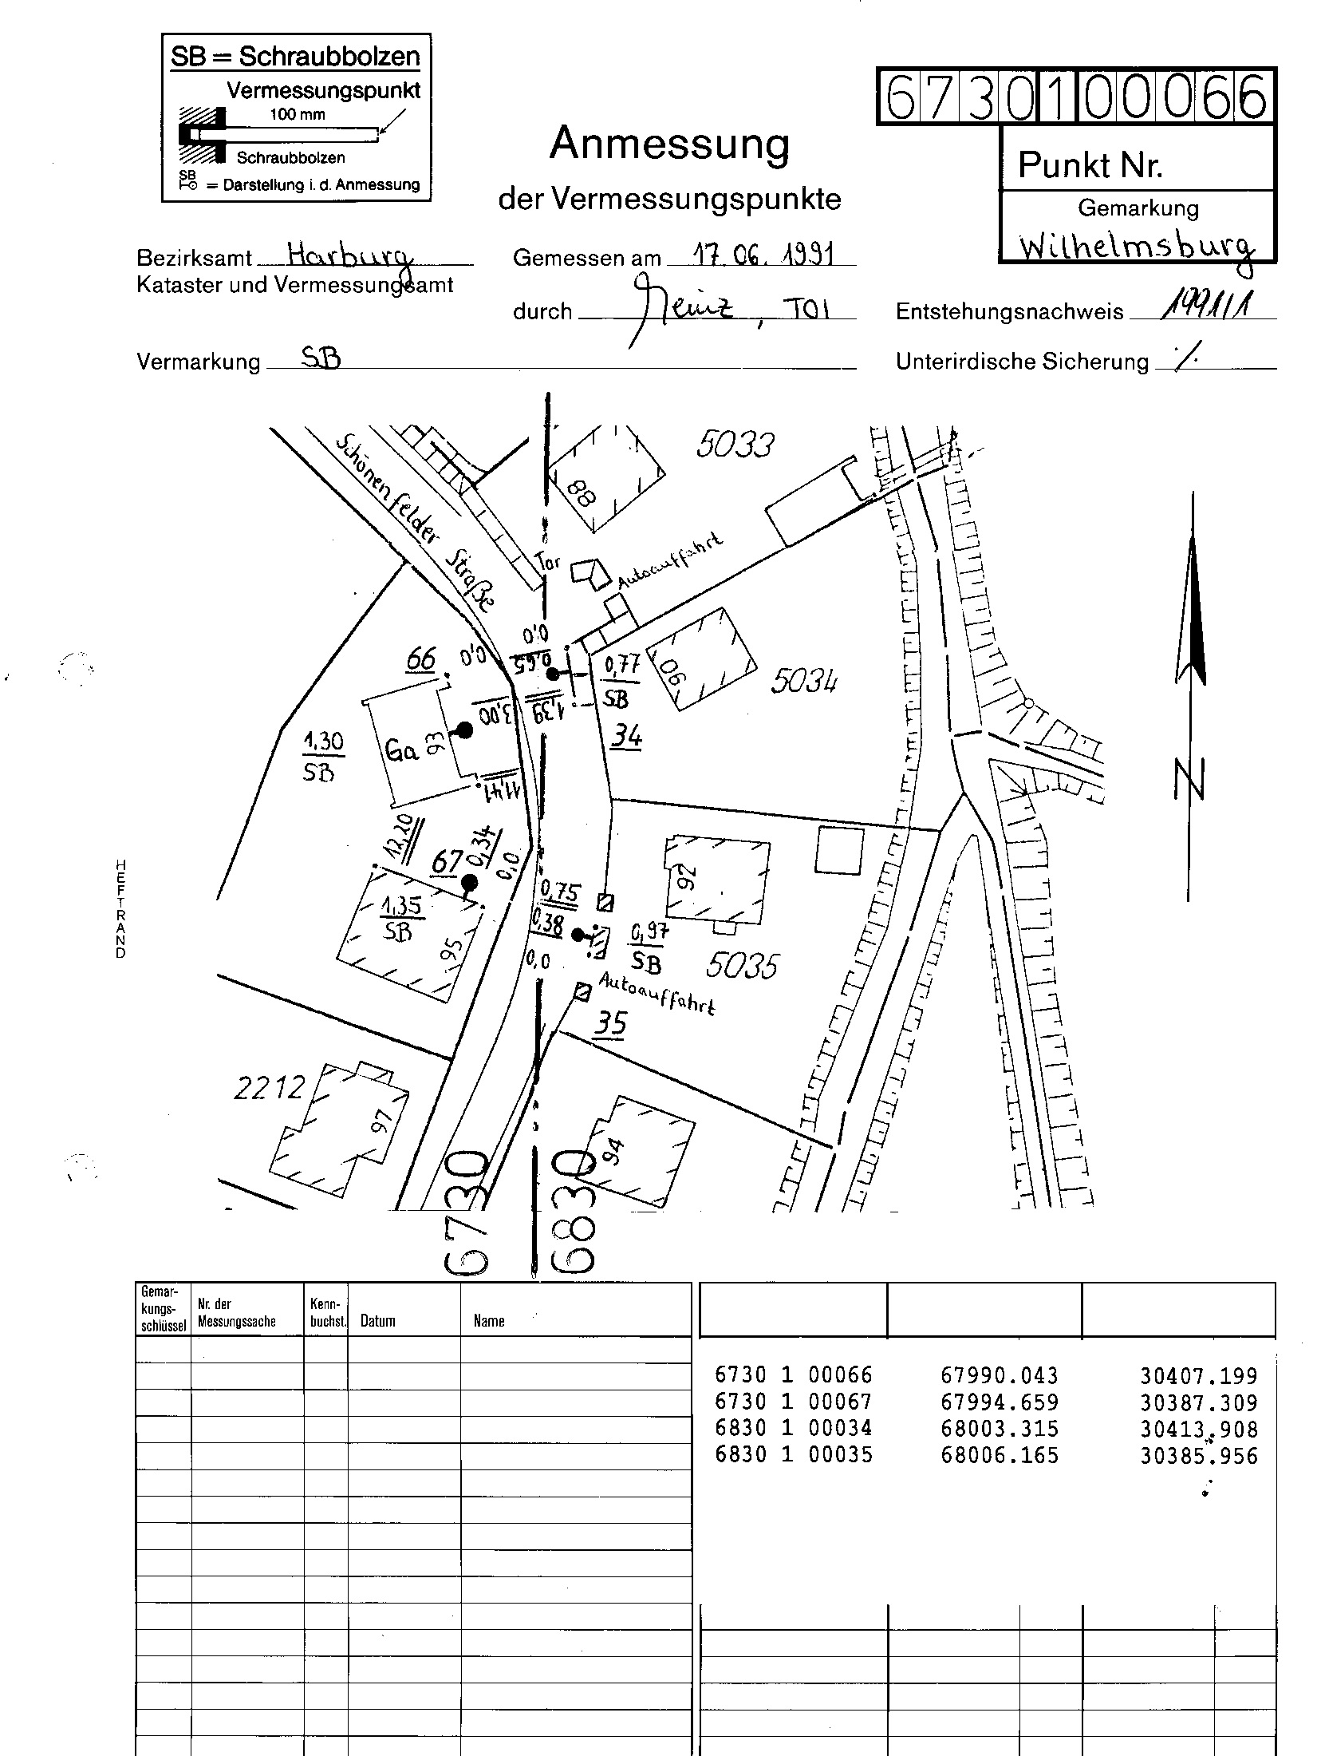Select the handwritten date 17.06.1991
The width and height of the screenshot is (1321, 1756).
tap(763, 255)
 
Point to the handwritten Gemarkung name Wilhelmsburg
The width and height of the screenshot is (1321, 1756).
tap(1136, 247)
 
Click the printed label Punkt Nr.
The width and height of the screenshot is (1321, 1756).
tap(1090, 165)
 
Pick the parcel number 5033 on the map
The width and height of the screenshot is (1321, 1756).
tap(735, 445)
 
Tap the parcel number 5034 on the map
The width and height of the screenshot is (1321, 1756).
tap(804, 681)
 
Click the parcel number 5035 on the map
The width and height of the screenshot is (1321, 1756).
tap(741, 966)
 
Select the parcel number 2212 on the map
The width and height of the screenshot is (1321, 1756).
tap(270, 1088)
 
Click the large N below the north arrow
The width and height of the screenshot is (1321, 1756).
tap(1189, 780)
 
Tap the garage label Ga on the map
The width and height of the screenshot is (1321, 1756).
tap(402, 750)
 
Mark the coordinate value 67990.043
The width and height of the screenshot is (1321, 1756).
tap(999, 1376)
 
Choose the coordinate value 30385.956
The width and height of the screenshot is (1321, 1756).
tap(1198, 1456)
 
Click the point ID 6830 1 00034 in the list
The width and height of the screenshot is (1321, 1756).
tap(794, 1429)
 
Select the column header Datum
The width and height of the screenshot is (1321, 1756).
tap(377, 1321)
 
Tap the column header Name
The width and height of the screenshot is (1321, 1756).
tap(488, 1321)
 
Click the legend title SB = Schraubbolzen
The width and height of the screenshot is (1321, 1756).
tap(295, 57)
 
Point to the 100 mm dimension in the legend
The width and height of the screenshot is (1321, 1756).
tap(298, 114)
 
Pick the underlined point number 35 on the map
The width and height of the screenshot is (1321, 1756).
tap(610, 1022)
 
